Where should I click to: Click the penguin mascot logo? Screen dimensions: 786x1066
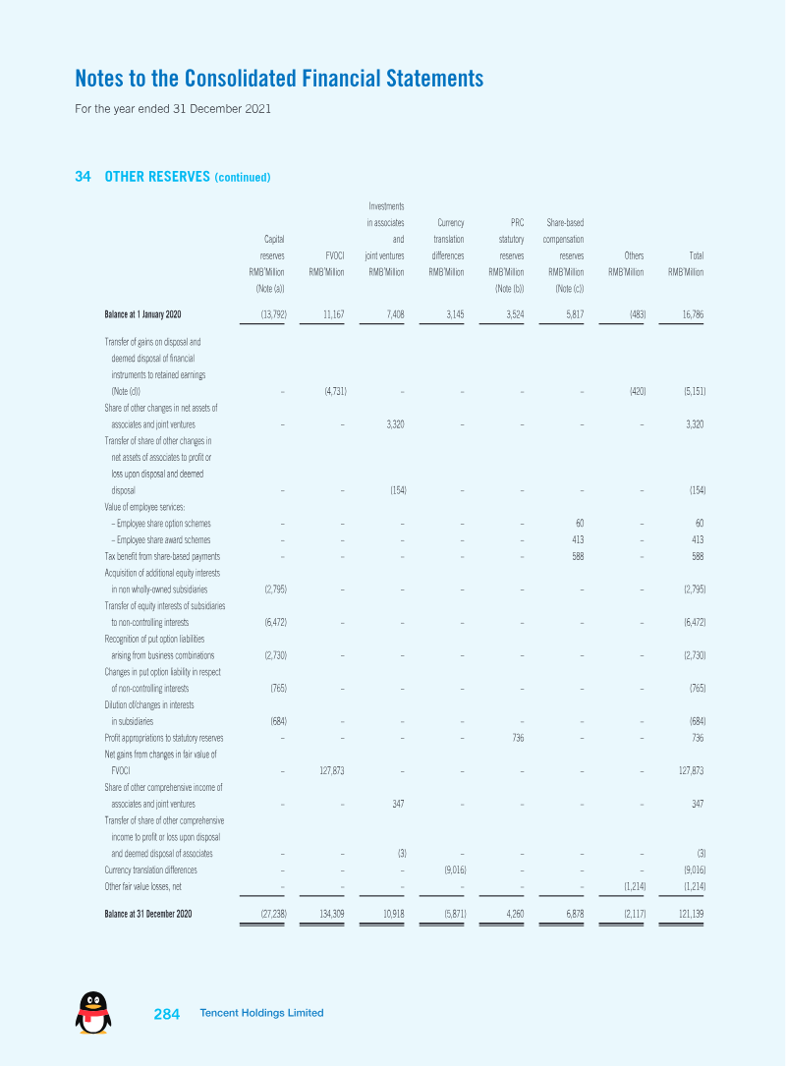[93, 1012]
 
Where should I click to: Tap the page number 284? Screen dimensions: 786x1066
[167, 1014]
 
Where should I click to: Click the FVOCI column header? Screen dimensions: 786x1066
[334, 255]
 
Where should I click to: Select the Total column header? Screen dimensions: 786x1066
[697, 255]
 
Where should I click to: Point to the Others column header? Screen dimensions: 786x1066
[634, 255]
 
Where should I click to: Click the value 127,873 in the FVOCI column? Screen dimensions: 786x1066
[332, 771]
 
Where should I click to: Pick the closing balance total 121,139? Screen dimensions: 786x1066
[691, 914]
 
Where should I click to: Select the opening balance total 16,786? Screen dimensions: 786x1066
[693, 314]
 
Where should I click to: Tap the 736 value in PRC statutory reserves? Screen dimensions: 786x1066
[518, 738]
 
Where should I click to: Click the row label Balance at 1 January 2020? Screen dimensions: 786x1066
[142, 314]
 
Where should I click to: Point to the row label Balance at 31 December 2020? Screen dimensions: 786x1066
[148, 914]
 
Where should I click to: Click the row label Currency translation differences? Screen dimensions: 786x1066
[151, 870]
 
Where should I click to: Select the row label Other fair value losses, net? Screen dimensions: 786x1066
[142, 886]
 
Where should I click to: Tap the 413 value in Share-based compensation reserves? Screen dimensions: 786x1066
[578, 539]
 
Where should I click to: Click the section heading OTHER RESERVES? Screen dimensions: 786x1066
[157, 177]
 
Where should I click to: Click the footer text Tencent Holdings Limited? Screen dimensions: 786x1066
[261, 1013]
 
